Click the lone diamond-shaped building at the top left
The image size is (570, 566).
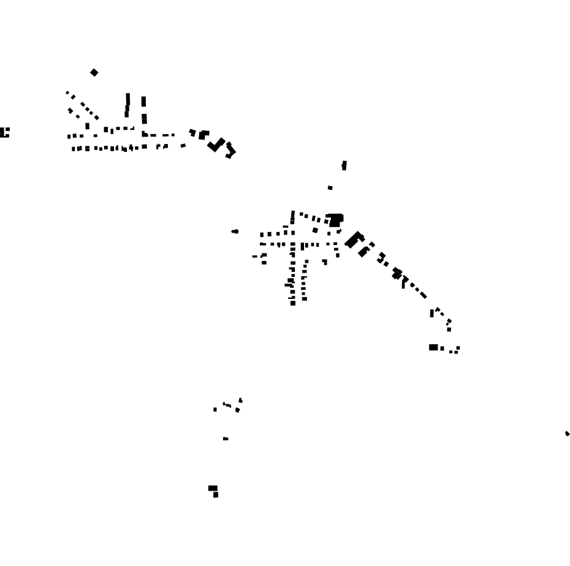pos(94,72)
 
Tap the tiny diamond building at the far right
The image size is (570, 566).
pos(567,434)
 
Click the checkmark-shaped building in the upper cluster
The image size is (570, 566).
pos(216,145)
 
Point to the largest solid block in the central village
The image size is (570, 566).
pos(335,220)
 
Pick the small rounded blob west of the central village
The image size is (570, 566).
pos(235,232)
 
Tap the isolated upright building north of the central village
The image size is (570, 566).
pos(344,165)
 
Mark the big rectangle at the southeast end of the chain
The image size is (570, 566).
pos(433,347)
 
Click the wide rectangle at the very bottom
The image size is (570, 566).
pos(213,488)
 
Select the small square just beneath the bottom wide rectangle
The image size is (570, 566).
pos(216,495)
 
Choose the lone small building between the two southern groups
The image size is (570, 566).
pos(226,439)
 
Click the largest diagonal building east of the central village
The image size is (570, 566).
pos(354,240)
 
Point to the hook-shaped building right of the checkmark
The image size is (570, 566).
pos(230,150)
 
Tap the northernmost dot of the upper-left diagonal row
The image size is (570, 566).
pos(67,92)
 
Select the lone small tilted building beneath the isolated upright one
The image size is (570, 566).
pos(330,188)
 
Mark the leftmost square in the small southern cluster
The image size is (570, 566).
pos(215,409)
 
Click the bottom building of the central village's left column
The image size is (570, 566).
pos(293,303)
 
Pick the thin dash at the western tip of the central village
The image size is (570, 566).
pos(255,256)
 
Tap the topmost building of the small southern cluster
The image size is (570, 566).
pos(241,400)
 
